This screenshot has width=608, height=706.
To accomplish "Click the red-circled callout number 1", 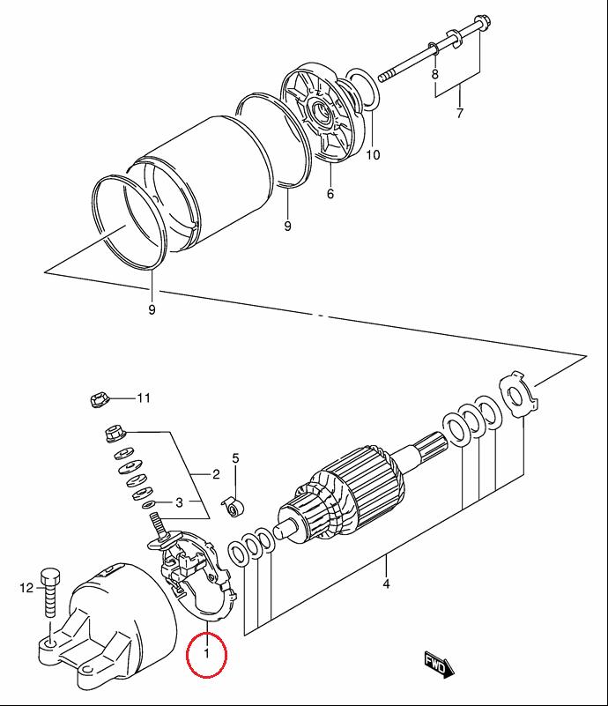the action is [206, 653].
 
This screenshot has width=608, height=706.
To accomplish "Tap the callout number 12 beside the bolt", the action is [26, 588].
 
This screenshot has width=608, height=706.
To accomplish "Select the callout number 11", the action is [144, 398].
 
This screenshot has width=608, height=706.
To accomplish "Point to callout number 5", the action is [236, 458].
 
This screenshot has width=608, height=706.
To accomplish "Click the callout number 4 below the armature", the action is [386, 584].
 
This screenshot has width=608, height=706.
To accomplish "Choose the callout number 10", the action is [373, 155].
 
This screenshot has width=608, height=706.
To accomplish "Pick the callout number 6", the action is [330, 194].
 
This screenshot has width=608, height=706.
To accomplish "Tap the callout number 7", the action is [459, 113].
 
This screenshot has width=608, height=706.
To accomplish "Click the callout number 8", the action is [434, 74].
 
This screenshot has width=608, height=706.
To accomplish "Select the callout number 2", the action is [216, 473].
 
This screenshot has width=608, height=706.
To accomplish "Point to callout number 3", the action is [179, 502].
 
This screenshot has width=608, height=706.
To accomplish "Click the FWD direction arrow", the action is [439, 664].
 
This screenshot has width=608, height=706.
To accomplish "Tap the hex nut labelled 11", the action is [97, 399].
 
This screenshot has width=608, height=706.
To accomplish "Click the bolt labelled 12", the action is [50, 593].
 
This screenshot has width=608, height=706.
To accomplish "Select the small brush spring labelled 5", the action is [234, 508].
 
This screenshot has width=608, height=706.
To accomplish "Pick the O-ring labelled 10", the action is [364, 89].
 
